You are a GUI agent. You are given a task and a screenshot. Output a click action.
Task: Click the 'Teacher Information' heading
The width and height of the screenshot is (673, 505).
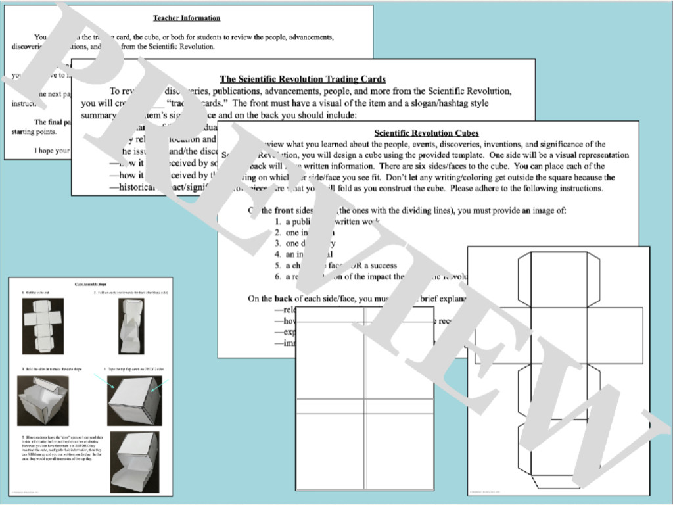point(187,18)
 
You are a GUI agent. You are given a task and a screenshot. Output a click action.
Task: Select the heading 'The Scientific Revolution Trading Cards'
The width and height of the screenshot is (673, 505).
point(302,79)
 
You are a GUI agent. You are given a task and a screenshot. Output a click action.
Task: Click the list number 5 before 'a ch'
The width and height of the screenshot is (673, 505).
point(278,266)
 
